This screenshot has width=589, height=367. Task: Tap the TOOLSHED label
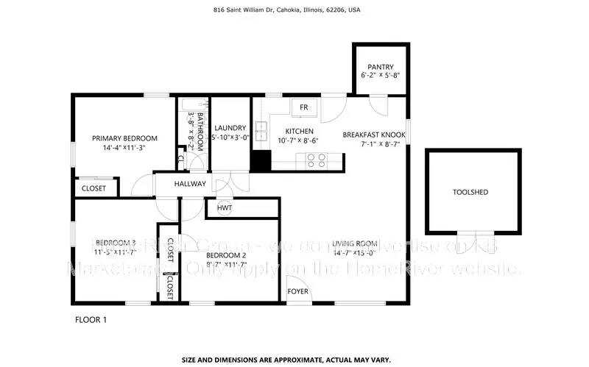[470, 192]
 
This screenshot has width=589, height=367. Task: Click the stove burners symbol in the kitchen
[317, 160]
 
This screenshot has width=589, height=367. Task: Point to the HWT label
[225, 208]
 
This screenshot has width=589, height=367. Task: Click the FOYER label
[298, 291]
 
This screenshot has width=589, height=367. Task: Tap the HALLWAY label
[190, 184]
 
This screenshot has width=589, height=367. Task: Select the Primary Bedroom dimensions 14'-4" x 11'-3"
[124, 147]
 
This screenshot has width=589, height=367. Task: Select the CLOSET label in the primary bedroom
[94, 188]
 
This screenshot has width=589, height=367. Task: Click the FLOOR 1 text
[92, 320]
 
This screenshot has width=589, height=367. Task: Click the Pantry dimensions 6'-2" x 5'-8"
[381, 76]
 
